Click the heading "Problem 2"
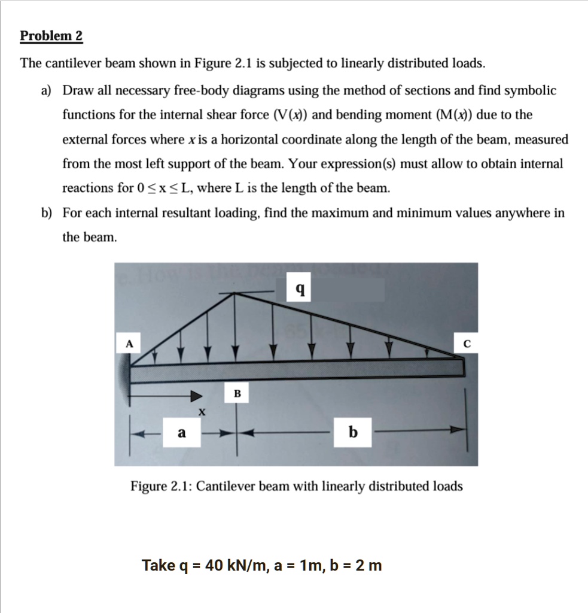tap(51, 37)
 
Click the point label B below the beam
tap(237, 393)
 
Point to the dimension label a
tap(181, 432)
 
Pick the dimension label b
tap(353, 432)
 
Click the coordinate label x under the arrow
tap(202, 412)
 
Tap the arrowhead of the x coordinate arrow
tap(196, 396)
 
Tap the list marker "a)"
tap(46, 91)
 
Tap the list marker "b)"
tap(46, 213)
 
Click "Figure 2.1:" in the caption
tap(160, 486)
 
